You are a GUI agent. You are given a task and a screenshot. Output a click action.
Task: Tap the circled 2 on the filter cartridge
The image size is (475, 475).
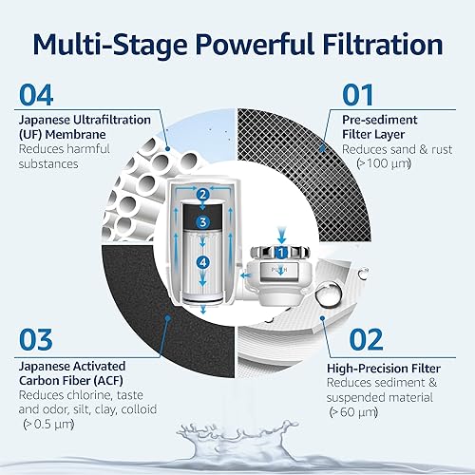point(203,197)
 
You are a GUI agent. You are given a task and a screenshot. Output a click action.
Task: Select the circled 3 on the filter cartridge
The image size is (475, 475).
point(202,221)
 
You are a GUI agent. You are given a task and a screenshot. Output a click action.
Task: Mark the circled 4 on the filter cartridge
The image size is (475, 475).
point(202,260)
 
